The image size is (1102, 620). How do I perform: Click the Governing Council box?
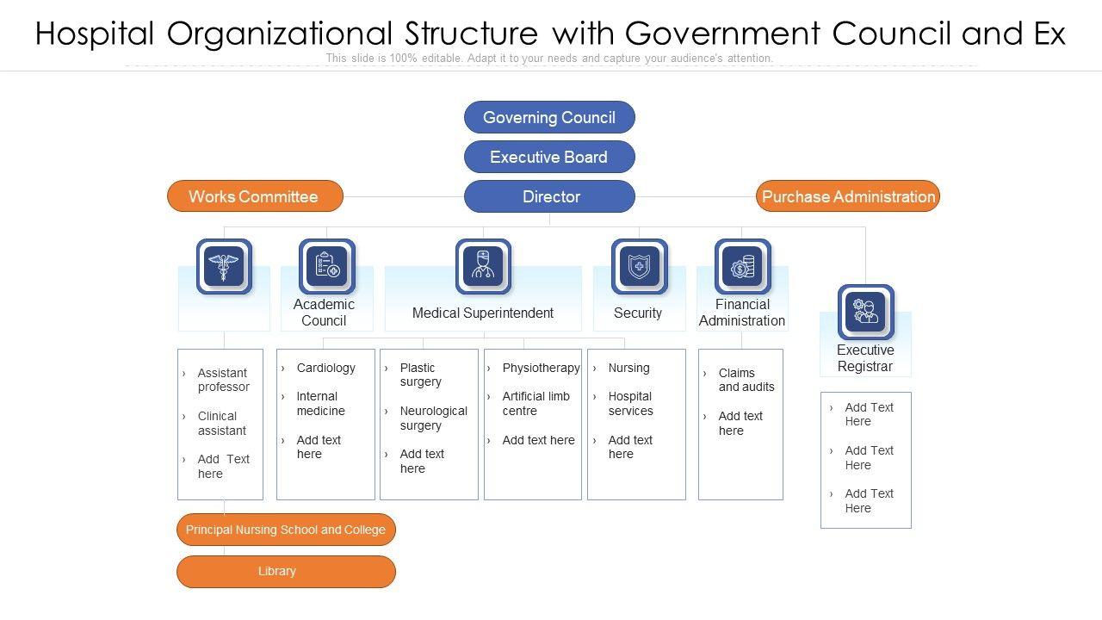click(x=549, y=117)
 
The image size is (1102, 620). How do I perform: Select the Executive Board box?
click(x=549, y=157)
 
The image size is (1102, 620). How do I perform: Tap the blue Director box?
click(x=549, y=196)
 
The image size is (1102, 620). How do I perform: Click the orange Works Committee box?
click(x=255, y=196)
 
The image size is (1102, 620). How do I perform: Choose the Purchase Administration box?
click(x=848, y=196)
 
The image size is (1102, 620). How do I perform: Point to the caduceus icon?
click(x=224, y=266)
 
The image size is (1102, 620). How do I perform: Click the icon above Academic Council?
click(x=326, y=266)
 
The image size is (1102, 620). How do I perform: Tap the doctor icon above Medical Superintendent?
click(x=483, y=266)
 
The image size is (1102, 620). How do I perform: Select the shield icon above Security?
click(x=639, y=266)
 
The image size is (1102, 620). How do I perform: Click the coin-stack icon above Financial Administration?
click(x=742, y=266)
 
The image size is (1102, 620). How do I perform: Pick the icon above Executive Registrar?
click(x=865, y=312)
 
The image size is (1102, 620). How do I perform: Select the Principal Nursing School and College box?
click(x=286, y=530)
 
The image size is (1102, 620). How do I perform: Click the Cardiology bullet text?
click(x=325, y=368)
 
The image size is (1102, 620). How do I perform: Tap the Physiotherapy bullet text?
click(x=541, y=368)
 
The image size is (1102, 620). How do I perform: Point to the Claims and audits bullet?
click(x=746, y=380)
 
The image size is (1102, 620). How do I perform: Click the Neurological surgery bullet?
click(x=433, y=418)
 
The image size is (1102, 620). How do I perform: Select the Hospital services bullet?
click(x=630, y=404)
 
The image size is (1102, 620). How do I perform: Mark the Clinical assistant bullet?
click(x=221, y=423)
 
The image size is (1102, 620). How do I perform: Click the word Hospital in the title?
click(x=95, y=34)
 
